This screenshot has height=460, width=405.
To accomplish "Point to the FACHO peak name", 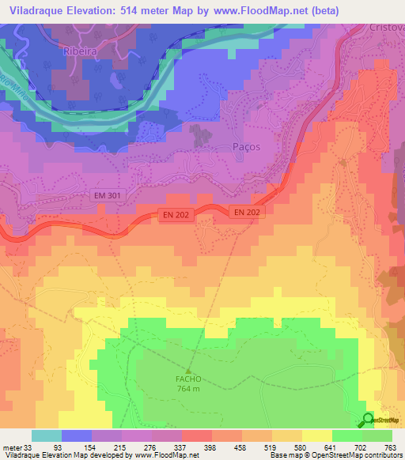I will coord(188,378).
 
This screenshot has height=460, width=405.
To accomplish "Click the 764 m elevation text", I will coord(188,387).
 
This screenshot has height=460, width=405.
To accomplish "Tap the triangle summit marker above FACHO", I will coord(188,369).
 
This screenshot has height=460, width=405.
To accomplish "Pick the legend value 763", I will coord(391,447).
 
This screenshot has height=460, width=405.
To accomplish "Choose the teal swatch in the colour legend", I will coord(47,435).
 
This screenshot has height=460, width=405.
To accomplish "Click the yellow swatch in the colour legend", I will coord(316,435).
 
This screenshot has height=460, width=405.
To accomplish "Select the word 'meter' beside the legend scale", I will coord(14,447).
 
